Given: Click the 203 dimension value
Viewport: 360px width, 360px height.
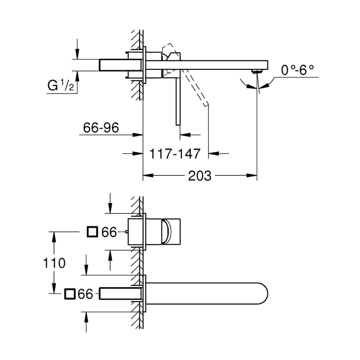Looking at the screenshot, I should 200,175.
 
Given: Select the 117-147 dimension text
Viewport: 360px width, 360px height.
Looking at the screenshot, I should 175,154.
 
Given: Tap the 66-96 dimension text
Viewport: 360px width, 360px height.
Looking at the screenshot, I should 101,128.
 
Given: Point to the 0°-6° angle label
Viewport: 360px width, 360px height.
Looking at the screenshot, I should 297,70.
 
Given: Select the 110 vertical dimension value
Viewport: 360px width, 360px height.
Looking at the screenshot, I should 54,263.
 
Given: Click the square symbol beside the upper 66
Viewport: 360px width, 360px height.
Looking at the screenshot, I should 92,232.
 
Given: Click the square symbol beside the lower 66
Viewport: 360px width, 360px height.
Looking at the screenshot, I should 70,294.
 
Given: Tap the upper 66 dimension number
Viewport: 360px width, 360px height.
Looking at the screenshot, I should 109,232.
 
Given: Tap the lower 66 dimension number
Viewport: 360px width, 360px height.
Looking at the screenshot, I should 85,294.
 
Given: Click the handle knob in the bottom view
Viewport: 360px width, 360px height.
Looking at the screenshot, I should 172,231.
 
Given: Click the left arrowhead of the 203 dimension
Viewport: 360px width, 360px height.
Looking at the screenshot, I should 147,175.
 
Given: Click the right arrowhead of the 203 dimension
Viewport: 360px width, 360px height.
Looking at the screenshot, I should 253,175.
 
